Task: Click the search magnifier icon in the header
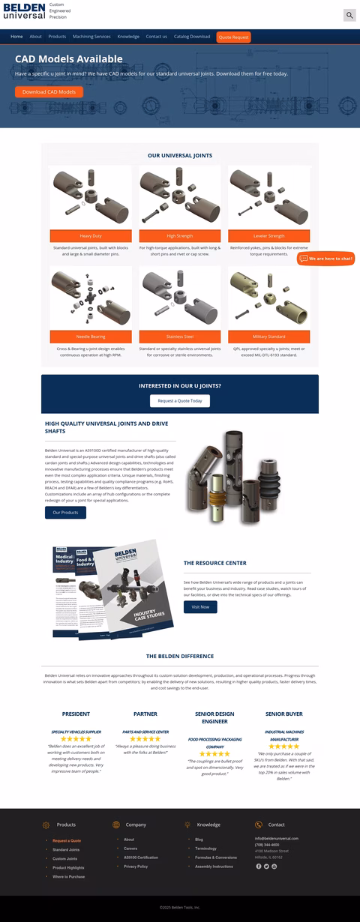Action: pos(349,15)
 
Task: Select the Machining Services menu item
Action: pos(91,37)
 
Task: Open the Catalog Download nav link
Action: pos(192,37)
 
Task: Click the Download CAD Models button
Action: pos(49,92)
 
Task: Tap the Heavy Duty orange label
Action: pos(91,235)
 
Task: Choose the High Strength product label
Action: pos(180,235)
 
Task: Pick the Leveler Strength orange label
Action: pos(268,235)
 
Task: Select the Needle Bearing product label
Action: pos(91,337)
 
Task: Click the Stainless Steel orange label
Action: pos(180,337)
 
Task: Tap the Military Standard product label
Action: pos(268,337)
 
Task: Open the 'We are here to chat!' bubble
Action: pos(326,259)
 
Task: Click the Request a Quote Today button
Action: pos(180,401)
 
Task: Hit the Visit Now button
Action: pos(200,606)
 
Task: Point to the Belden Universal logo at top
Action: pos(23,10)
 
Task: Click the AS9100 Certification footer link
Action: pos(141,857)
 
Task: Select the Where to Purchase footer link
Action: pos(68,876)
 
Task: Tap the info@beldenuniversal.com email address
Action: pos(277,838)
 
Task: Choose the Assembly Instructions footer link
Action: pos(214,867)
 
